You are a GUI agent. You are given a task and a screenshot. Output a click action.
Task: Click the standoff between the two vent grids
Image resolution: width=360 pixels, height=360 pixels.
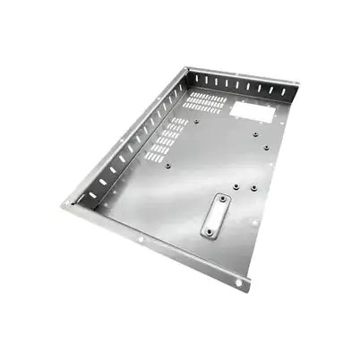[x=196, y=121]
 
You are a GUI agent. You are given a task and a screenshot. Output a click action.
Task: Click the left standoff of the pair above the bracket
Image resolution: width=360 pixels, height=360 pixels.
[x=235, y=185]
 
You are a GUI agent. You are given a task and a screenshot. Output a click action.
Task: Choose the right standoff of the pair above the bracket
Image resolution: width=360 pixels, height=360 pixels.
[x=254, y=188]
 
